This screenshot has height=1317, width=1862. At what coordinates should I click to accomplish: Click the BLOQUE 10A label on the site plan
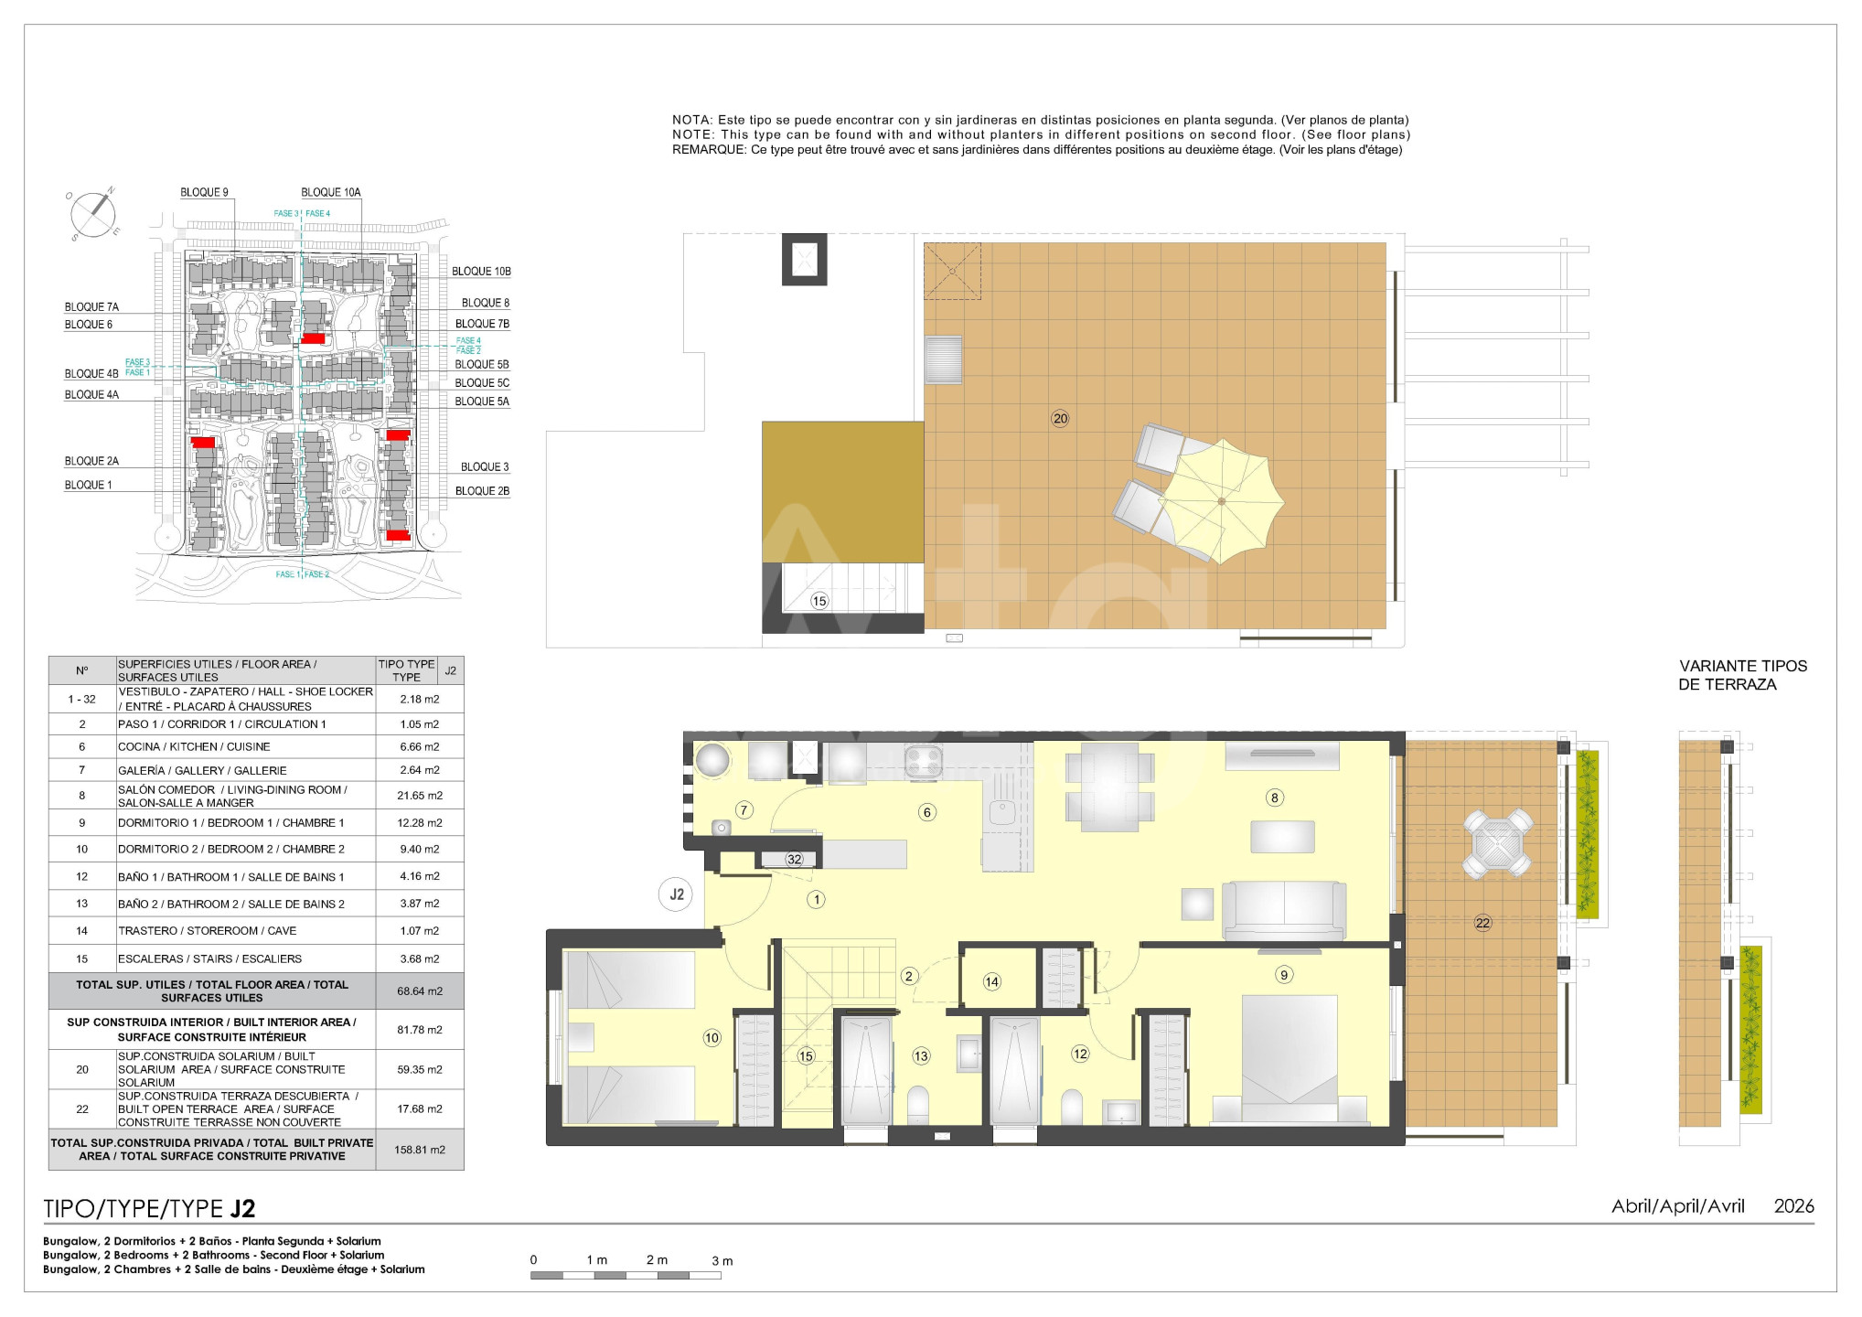tap(331, 193)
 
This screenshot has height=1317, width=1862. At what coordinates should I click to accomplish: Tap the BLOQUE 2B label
tap(482, 491)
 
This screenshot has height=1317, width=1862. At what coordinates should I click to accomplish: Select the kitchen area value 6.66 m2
tap(420, 747)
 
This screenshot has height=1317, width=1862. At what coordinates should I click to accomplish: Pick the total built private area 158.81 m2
tap(420, 1150)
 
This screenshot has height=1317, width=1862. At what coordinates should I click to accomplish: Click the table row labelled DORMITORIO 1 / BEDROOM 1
tap(256, 823)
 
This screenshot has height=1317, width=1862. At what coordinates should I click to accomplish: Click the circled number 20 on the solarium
tap(1060, 419)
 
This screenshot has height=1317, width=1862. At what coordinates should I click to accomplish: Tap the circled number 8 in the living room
tap(1275, 798)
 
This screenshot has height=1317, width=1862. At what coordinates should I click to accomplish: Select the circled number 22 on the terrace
tap(1482, 923)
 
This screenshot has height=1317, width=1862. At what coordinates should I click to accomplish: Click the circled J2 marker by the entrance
tap(677, 894)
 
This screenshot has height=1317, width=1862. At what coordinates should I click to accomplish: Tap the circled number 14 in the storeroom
tap(992, 982)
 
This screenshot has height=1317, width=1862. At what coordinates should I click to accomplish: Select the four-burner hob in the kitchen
tap(924, 761)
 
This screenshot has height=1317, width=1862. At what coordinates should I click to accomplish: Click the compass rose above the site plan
tap(93, 214)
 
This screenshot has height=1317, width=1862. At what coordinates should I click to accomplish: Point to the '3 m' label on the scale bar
tap(722, 1261)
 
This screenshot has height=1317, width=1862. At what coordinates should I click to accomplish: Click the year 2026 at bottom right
tap(1793, 1206)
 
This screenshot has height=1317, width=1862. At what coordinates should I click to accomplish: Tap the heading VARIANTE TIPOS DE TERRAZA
tap(1743, 675)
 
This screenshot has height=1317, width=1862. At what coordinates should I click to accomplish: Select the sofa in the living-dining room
tap(1284, 911)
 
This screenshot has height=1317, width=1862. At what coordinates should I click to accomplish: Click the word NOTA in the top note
tap(691, 120)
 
